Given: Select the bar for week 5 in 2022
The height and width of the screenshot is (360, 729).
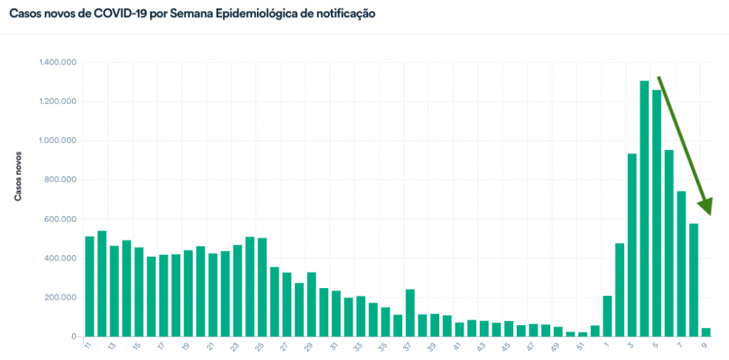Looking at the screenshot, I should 656,213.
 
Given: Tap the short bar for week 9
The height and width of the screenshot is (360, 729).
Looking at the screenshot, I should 706,332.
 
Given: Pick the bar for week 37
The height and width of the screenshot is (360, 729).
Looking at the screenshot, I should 410,312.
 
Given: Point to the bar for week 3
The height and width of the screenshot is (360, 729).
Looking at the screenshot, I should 631,245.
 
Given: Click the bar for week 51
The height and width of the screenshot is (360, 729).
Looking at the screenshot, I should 582,334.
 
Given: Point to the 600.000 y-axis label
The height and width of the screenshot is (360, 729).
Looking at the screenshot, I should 60,219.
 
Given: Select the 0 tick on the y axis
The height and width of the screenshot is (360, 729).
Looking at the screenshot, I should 73,337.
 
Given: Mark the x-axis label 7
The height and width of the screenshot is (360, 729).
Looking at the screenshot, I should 681,346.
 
